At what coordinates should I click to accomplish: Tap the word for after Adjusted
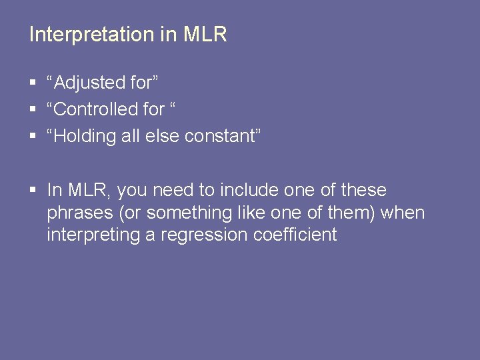[x=143, y=83]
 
